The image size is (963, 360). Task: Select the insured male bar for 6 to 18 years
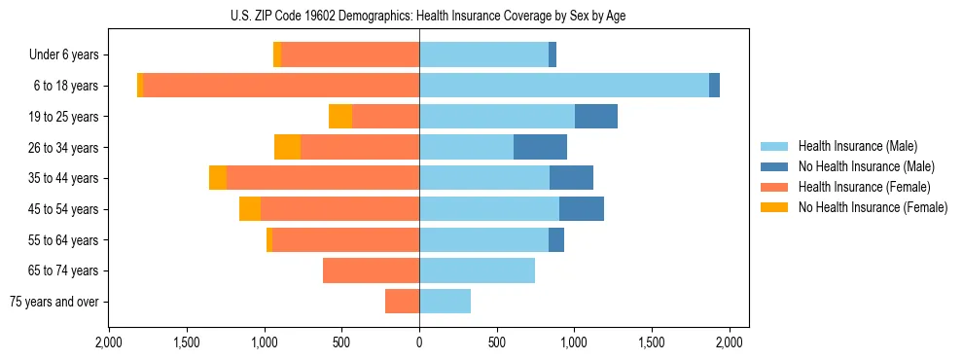564,86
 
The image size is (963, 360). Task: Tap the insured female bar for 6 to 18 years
281,86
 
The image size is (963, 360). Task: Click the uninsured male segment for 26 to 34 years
540,147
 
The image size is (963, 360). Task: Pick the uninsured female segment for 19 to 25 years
340,117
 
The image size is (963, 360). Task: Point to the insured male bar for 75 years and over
445,302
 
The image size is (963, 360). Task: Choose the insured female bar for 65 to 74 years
371,270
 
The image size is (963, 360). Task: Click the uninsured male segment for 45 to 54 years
582,209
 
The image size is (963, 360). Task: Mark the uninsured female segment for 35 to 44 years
218,178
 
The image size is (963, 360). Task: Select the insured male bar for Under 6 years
483,54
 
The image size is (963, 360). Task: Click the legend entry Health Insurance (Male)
857,146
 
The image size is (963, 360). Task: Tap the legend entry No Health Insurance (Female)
872,207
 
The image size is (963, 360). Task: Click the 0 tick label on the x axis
419,342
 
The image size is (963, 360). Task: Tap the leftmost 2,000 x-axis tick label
109,342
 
